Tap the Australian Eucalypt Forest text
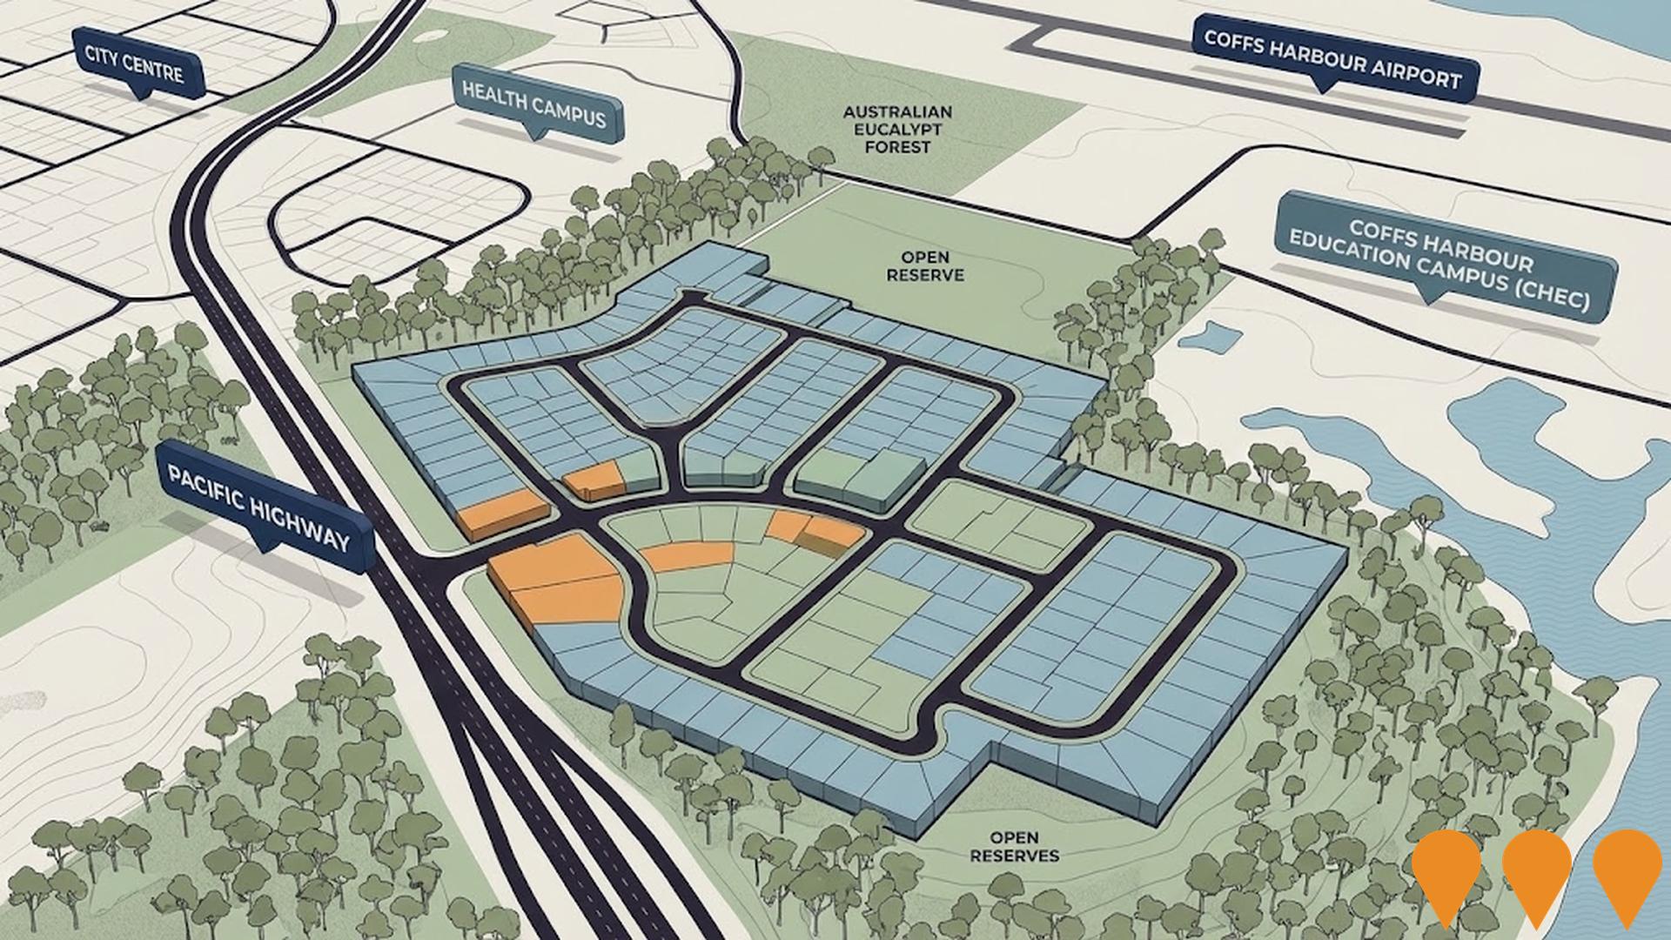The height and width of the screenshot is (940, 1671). [x=897, y=130]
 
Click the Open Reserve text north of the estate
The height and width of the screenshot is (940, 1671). [x=925, y=266]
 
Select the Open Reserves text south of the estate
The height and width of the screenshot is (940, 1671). [x=1014, y=847]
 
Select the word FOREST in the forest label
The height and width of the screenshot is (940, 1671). [x=897, y=147]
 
